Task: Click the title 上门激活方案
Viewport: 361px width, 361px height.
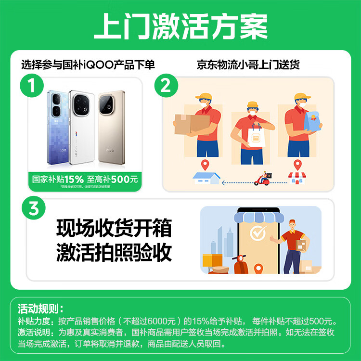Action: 180,27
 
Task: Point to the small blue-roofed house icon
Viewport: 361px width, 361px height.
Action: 204,177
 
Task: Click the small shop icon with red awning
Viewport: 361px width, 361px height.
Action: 297,178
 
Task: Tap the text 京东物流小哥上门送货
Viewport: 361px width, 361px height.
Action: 248,64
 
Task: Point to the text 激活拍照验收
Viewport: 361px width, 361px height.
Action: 114,251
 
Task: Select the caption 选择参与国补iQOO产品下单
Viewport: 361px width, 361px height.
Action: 88,64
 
